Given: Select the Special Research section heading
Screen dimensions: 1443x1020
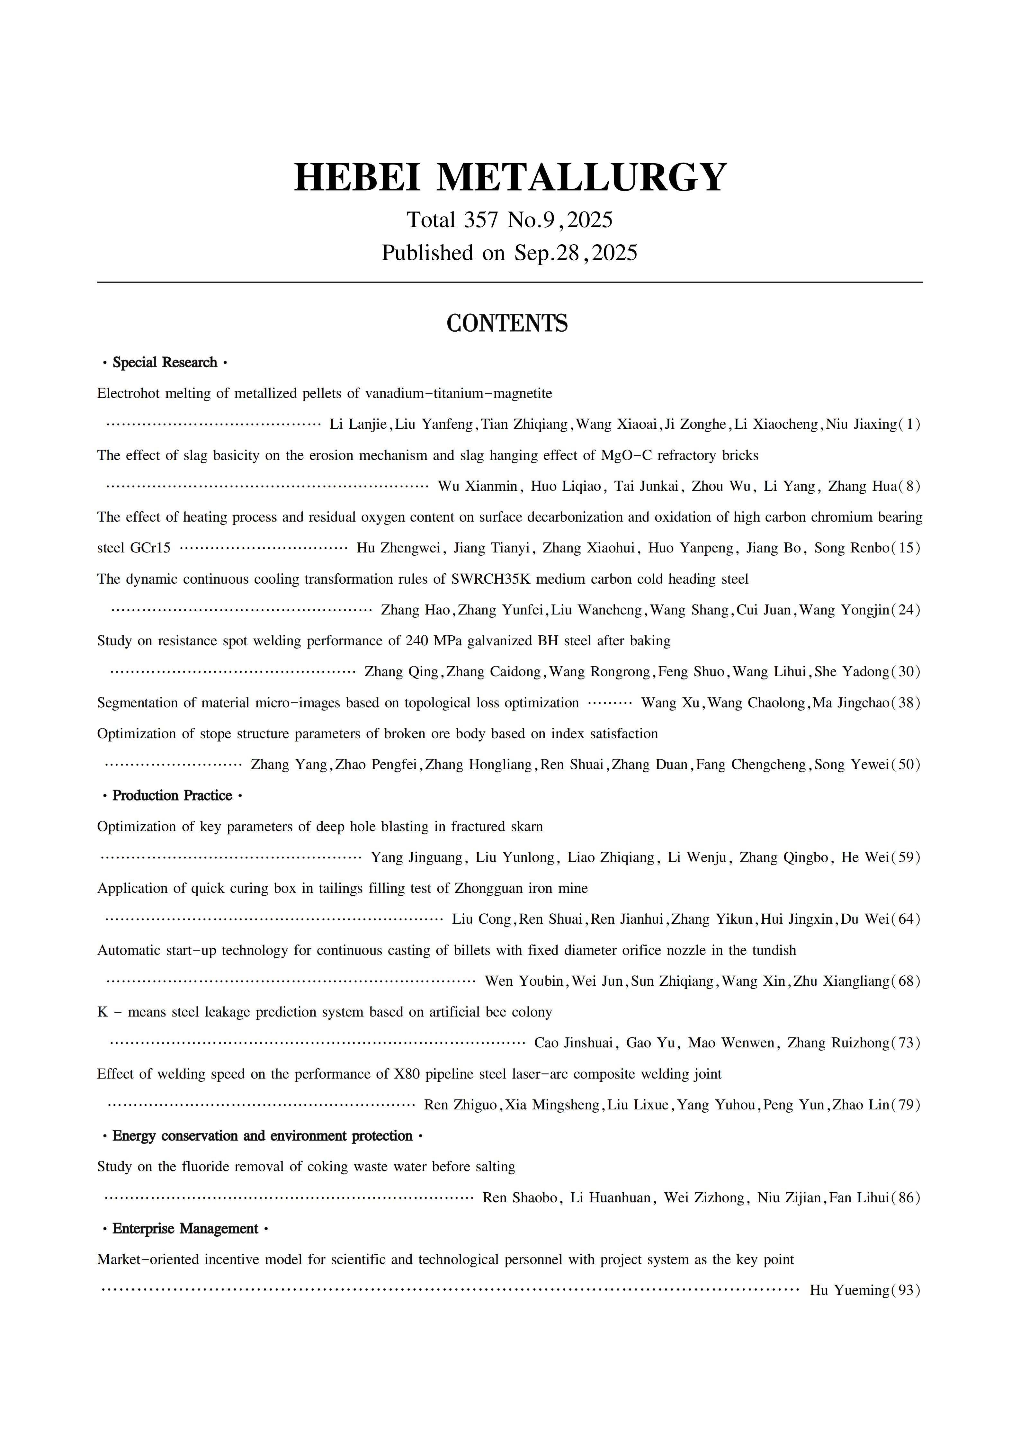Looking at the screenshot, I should click(165, 363).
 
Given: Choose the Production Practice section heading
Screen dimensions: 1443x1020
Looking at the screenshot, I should click(172, 796).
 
